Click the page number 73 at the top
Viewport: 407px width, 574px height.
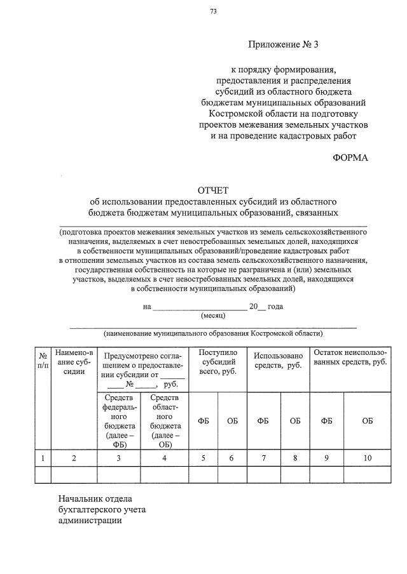click(213, 11)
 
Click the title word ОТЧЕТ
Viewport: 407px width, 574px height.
click(213, 190)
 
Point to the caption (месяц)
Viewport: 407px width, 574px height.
click(213, 315)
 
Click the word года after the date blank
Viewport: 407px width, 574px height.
click(275, 306)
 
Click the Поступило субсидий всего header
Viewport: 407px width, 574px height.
click(217, 361)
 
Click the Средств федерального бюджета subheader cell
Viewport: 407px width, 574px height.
click(118, 420)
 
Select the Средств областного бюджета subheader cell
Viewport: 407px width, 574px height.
click(164, 420)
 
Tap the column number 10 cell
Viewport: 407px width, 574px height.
click(368, 458)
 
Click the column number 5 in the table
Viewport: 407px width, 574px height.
click(203, 458)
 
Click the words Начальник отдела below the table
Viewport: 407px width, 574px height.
click(95, 499)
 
